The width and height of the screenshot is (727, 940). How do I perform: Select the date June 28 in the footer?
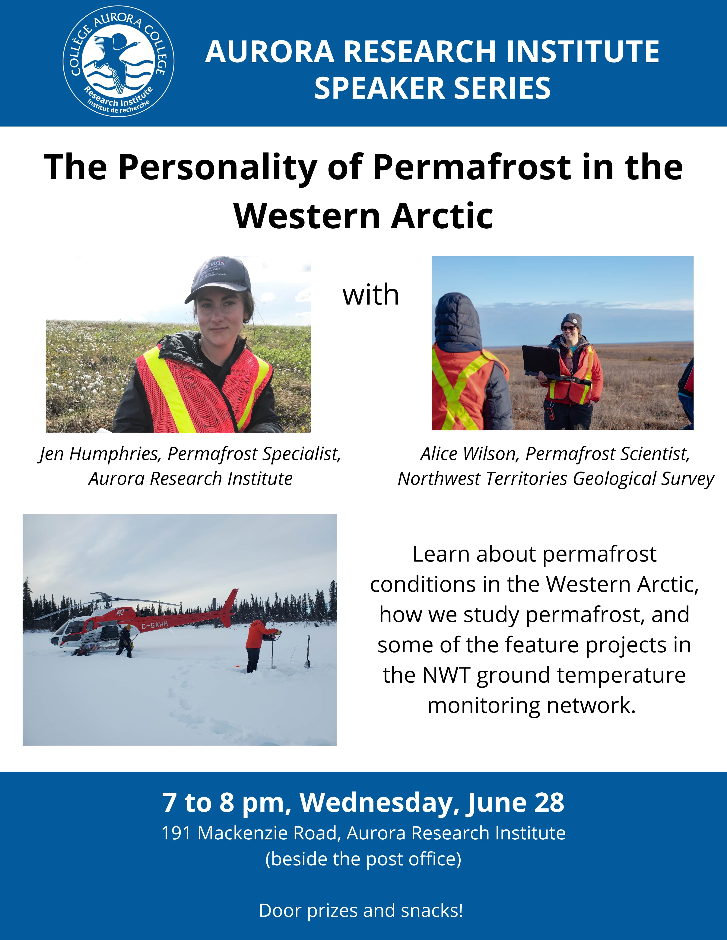[515, 802]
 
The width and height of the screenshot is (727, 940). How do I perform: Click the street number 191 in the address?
[176, 833]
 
